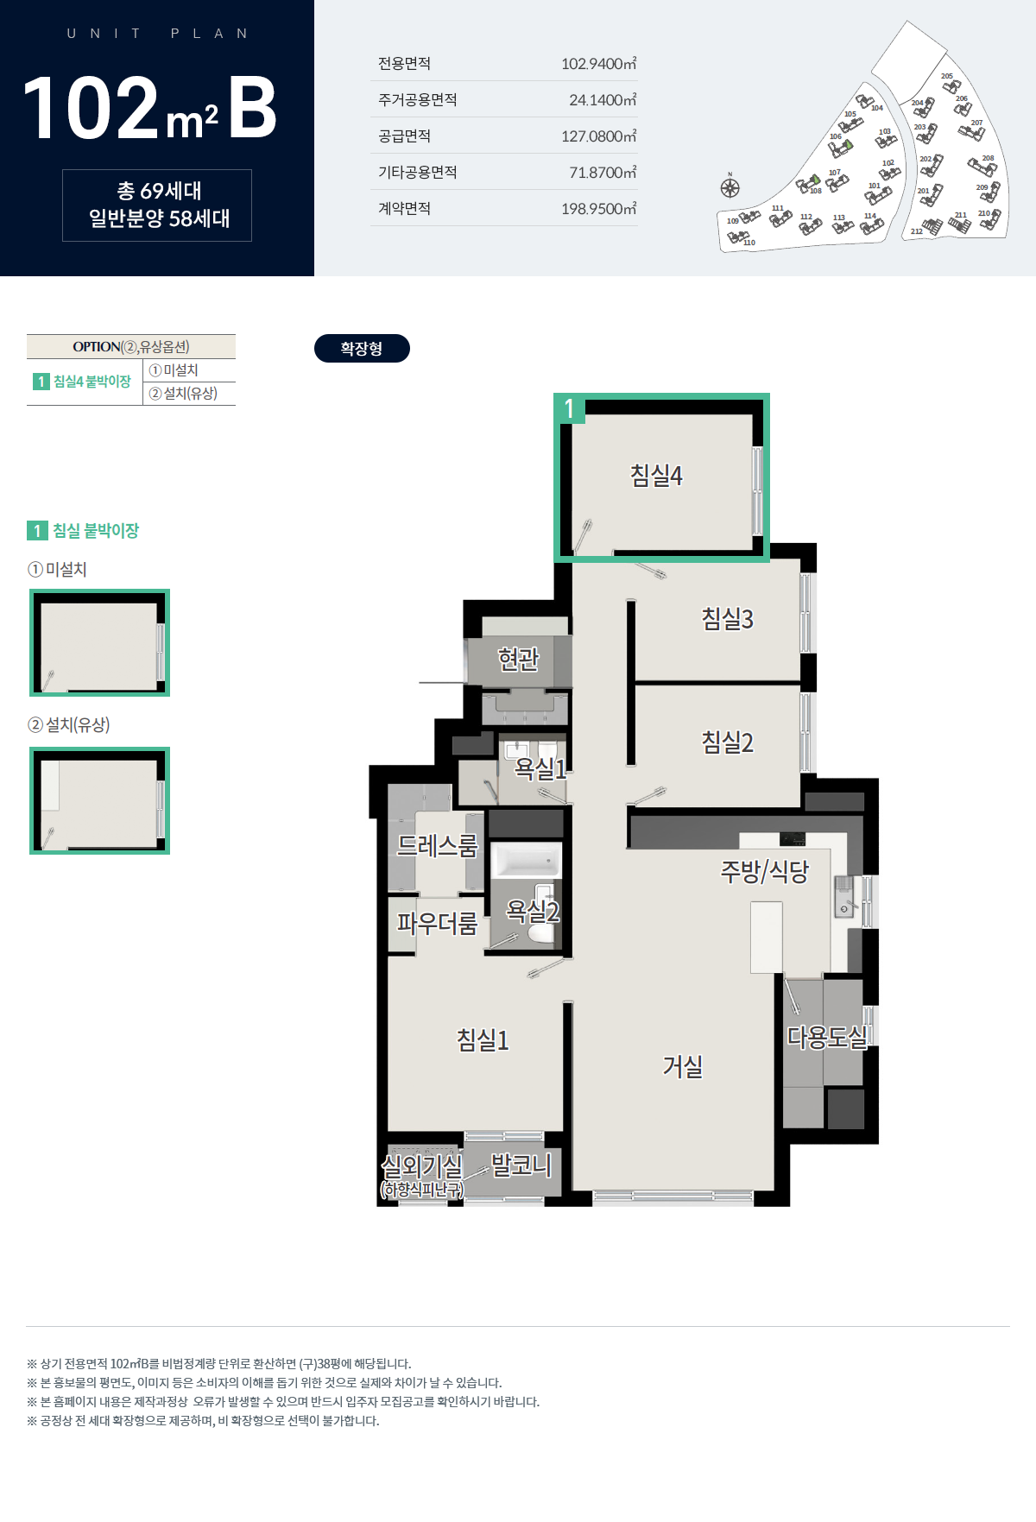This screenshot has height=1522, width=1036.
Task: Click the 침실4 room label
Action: [656, 476]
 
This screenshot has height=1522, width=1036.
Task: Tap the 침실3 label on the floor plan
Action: [727, 618]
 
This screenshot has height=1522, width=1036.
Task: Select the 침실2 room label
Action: [727, 742]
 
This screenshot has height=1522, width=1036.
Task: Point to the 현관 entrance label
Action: [519, 660]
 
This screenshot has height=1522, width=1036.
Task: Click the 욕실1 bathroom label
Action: [540, 767]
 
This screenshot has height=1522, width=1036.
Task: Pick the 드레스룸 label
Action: [437, 845]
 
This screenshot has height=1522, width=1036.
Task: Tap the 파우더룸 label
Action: [437, 924]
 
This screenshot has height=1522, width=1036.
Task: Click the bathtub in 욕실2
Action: [526, 861]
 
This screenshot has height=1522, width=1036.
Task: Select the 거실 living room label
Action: [683, 1067]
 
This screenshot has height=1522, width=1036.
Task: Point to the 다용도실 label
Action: [827, 1037]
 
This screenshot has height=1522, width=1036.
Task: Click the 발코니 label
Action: [521, 1165]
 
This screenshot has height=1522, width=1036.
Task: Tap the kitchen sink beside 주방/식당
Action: [843, 896]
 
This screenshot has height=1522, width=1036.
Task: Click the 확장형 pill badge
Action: [362, 349]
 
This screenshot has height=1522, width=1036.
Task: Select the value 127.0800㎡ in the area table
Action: [599, 136]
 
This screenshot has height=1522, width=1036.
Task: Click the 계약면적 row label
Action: [404, 208]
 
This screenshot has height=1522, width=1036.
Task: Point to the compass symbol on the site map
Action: [730, 187]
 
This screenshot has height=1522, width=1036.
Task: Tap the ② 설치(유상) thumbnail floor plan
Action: [99, 800]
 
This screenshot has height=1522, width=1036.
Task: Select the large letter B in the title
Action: [252, 107]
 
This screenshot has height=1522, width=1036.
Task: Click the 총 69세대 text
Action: [159, 191]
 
